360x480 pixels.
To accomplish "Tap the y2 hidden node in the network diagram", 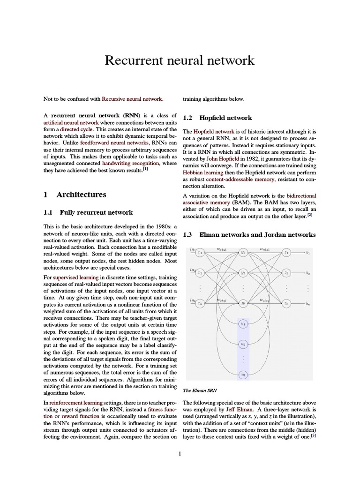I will [243, 272].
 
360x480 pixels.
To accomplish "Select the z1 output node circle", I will [286, 252].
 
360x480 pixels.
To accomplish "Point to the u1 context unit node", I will [243, 323].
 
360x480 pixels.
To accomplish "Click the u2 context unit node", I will [243, 344].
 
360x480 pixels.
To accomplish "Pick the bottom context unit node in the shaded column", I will [243, 374].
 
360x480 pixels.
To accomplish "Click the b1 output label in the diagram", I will [308, 252].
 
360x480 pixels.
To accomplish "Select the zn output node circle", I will [286, 303].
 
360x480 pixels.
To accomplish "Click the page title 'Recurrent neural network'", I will [180, 60].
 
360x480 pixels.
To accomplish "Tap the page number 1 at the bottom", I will [180, 454].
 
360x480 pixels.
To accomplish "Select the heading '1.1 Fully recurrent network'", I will [88, 212].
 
